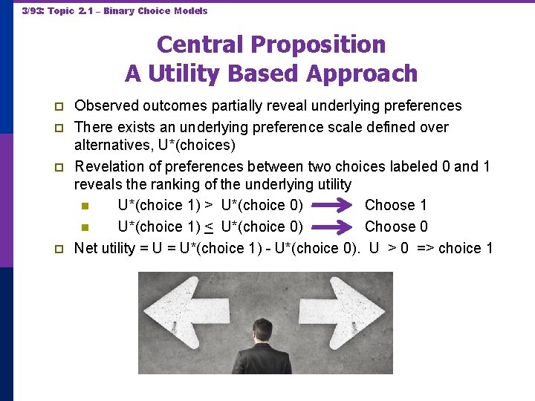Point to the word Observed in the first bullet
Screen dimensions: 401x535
pyautogui.click(x=105, y=106)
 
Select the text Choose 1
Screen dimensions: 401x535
pyautogui.click(x=395, y=205)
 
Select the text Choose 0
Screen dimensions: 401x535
pyautogui.click(x=395, y=226)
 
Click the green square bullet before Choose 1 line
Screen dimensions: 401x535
pyautogui.click(x=85, y=206)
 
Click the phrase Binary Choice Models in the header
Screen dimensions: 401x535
pyautogui.click(x=155, y=11)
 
